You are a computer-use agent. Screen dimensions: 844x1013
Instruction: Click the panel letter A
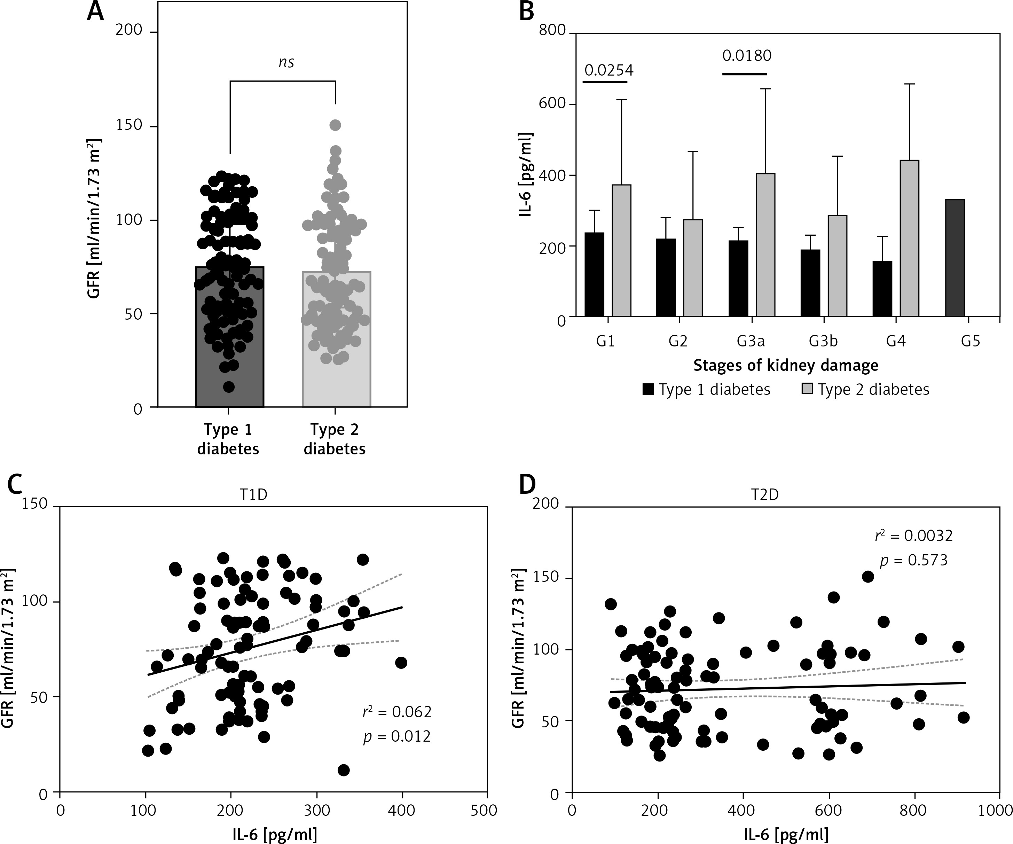[x=95, y=11]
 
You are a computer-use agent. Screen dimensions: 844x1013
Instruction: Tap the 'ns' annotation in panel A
[x=286, y=62]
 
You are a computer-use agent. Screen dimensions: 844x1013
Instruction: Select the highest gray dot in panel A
[x=335, y=125]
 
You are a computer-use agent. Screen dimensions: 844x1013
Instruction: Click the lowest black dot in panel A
[x=229, y=387]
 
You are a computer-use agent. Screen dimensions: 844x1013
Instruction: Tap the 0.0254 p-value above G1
[x=609, y=70]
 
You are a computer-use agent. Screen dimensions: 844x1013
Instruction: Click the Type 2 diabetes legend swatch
[x=807, y=389]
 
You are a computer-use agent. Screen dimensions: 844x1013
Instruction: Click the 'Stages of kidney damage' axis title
[x=786, y=365]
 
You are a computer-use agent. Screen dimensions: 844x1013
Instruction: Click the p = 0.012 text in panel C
[x=396, y=737]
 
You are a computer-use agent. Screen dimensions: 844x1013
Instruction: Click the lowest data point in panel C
[x=344, y=770]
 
